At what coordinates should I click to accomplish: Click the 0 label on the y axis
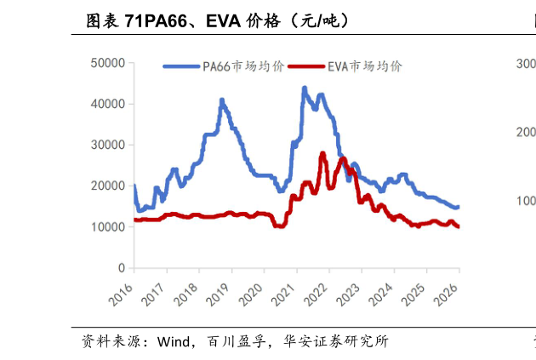tap(122, 268)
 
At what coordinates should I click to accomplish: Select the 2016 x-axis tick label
tap(122, 294)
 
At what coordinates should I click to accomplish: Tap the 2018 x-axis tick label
tap(186, 294)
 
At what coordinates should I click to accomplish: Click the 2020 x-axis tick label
tap(252, 294)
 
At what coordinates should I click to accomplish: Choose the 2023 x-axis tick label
tap(350, 294)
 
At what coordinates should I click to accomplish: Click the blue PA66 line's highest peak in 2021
tap(304, 88)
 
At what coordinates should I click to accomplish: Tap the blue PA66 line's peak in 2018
tap(222, 100)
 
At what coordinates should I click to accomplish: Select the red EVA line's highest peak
tap(322, 153)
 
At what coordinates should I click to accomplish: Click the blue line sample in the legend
tap(181, 66)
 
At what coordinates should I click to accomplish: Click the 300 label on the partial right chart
tap(525, 63)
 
